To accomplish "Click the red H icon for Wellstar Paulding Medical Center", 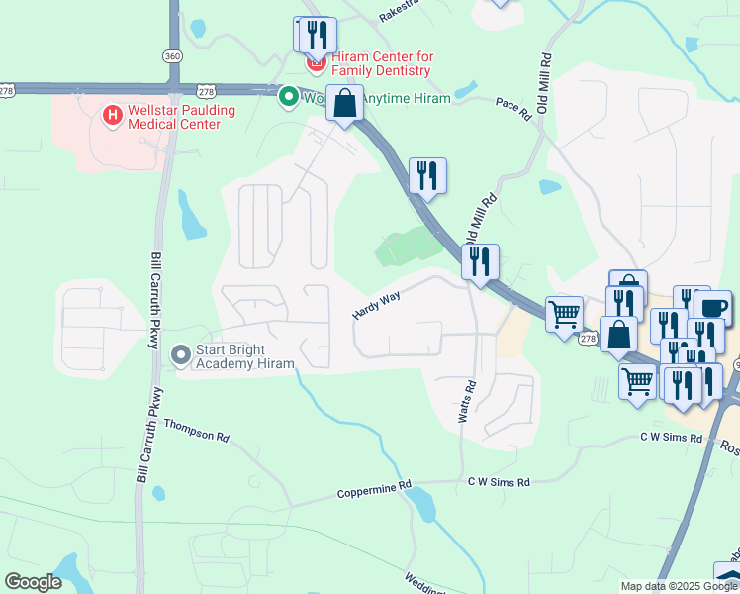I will (x=112, y=117).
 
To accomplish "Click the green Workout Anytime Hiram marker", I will (x=289, y=97).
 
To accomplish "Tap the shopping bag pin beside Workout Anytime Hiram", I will (x=344, y=103).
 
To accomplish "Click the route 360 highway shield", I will (x=173, y=56).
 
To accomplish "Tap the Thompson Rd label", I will (x=196, y=430).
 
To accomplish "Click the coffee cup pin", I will (x=712, y=307).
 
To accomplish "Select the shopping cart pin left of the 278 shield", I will (x=564, y=315).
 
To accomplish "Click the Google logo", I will (x=33, y=582).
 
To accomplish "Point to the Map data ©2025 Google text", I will (x=679, y=586).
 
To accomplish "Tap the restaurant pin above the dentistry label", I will (x=318, y=35).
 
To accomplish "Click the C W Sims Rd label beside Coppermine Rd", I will (x=499, y=482).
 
